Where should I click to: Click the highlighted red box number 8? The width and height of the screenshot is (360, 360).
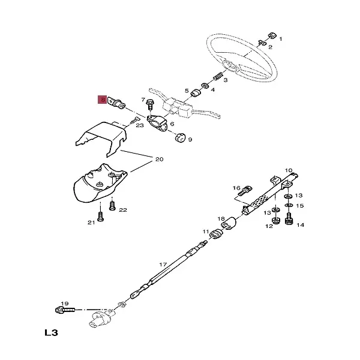point(103,100)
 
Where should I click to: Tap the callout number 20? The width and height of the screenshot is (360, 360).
point(159,160)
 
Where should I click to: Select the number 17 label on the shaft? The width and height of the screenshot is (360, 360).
point(162,265)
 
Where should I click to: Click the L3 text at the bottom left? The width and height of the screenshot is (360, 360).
point(53,332)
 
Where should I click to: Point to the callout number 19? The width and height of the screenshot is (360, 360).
point(65,304)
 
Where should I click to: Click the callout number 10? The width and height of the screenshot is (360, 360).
point(288,171)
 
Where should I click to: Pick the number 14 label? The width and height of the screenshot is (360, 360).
point(300,225)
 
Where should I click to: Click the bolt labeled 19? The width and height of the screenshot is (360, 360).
point(62,311)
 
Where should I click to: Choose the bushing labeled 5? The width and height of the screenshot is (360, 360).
point(195,94)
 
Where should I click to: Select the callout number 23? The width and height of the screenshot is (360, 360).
point(140,125)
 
